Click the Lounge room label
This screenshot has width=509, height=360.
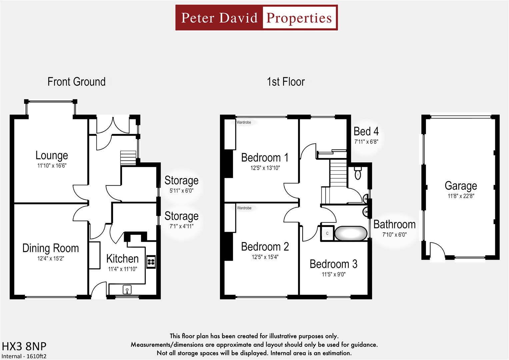pos(52,155)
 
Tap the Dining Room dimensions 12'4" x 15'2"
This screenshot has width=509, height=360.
pos(51,258)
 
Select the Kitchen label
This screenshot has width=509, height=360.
pos(122,259)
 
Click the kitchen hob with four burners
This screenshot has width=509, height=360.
pos(151,261)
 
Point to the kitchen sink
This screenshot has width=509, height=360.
pos(127,290)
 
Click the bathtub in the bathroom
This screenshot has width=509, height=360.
pos(350,233)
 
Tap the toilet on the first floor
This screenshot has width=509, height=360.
pos(358,174)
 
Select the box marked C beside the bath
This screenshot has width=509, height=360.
pos(327,233)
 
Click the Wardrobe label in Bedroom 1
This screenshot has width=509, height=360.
pos(244,122)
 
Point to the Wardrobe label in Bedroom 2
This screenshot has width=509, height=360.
pos(244,208)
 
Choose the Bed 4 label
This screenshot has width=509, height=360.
pos(366,131)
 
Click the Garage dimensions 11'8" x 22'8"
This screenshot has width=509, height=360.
pos(461,196)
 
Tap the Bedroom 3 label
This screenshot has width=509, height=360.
pos(333,264)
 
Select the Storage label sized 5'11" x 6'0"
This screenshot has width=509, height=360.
pos(181,180)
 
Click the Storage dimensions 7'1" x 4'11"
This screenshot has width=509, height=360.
pos(181,226)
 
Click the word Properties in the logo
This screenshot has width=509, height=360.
pos(299,18)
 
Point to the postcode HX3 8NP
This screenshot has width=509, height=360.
pos(24,346)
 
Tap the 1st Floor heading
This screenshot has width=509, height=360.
pos(286,82)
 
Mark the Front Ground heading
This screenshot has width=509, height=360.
pos(76,82)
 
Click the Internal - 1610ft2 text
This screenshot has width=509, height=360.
pos(24,356)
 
